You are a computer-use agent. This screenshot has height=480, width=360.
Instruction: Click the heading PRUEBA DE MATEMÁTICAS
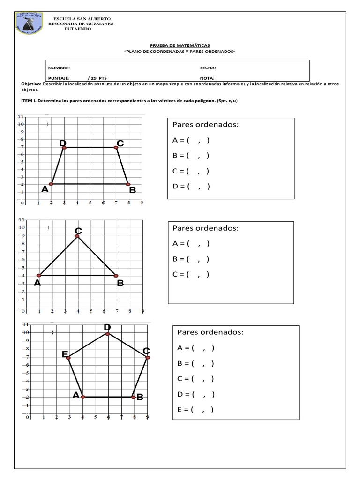click(180, 45)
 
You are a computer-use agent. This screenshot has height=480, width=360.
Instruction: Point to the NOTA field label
click(207, 78)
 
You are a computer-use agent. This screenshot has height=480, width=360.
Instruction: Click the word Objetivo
click(31, 84)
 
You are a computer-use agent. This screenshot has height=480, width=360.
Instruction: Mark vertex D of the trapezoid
click(64, 148)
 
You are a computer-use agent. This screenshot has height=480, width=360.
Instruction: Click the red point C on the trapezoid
click(116, 148)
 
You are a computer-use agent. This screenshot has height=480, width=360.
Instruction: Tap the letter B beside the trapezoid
click(133, 190)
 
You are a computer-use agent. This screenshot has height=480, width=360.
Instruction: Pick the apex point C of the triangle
click(77, 236)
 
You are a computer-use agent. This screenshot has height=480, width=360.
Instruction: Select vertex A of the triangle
click(39, 275)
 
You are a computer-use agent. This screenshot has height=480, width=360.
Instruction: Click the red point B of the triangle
click(116, 275)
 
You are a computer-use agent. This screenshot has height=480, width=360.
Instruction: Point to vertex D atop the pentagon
click(107, 334)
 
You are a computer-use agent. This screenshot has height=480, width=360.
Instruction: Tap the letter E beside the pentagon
click(65, 354)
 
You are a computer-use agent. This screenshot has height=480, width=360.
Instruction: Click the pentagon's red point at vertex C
click(147, 358)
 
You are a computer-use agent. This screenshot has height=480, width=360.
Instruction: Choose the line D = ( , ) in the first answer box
click(191, 187)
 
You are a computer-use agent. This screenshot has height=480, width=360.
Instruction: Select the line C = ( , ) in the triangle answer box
click(191, 274)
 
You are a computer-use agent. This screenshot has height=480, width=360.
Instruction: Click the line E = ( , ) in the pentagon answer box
click(195, 409)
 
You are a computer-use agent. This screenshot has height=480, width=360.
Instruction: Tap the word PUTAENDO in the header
click(78, 29)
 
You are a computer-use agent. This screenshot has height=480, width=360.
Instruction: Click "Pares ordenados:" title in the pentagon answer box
click(210, 332)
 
